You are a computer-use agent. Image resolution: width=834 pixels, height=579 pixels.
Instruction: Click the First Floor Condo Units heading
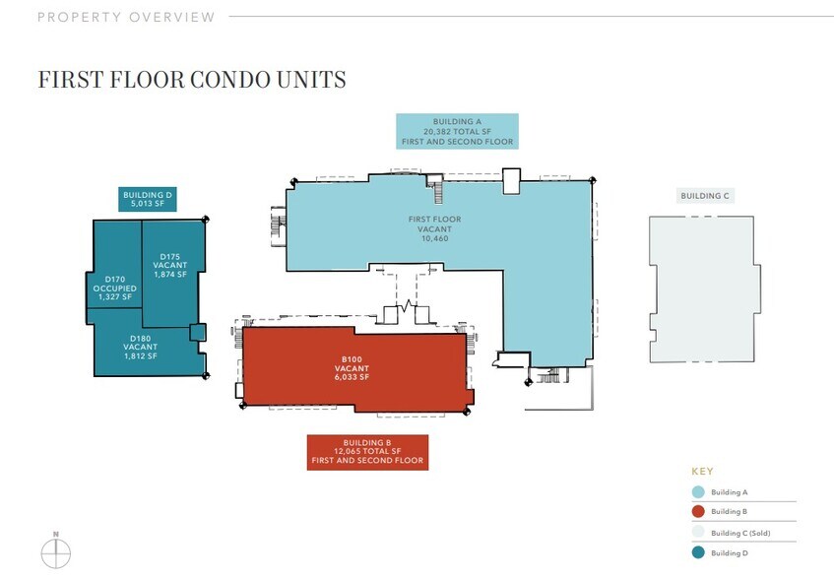pos(191,80)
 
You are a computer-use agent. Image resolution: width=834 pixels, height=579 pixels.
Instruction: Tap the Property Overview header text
pos(126,17)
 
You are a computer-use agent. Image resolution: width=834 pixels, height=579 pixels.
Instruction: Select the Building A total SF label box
pos(457,131)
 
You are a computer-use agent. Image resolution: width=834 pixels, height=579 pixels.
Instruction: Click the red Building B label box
pos(367,452)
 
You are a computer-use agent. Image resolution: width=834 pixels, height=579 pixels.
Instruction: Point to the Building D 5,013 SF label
pos(148,200)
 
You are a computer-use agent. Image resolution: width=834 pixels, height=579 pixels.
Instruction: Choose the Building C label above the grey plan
pos(705,196)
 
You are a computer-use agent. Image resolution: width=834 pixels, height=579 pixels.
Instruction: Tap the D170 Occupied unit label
pos(114,289)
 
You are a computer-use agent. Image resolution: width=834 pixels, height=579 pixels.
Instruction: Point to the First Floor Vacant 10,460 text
pos(434,228)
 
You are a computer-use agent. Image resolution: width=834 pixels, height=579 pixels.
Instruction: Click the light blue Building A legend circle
pos(697,491)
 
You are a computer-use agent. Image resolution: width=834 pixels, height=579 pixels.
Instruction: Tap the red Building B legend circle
pos(697,511)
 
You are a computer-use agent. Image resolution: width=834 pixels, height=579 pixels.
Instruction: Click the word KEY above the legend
pos(702,472)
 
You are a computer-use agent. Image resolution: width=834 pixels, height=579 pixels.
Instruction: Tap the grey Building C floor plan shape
pos(703,289)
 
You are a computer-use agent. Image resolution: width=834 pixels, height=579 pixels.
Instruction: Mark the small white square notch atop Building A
pos(510,180)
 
